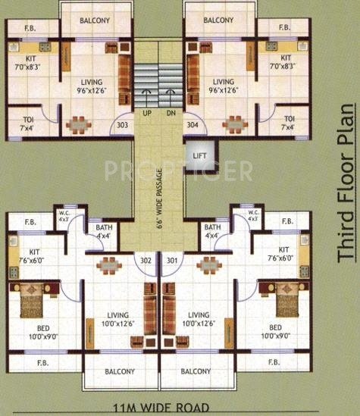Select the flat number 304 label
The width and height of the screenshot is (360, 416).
[x=193, y=125]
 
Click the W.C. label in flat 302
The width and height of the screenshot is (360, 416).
[x=64, y=216]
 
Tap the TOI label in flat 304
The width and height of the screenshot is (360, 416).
[x=289, y=122]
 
